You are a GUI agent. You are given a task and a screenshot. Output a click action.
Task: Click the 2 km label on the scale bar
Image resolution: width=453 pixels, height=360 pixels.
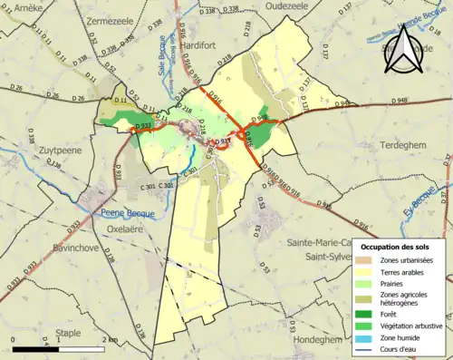click(110, 339)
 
